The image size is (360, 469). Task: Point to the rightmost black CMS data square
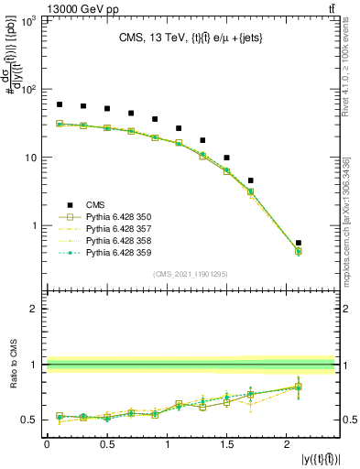[299, 243]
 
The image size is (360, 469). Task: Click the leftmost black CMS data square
[60, 104]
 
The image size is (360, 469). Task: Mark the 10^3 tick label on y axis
[27, 22]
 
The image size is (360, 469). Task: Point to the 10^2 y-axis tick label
[27, 90]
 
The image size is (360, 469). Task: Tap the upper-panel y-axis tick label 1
[35, 225]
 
